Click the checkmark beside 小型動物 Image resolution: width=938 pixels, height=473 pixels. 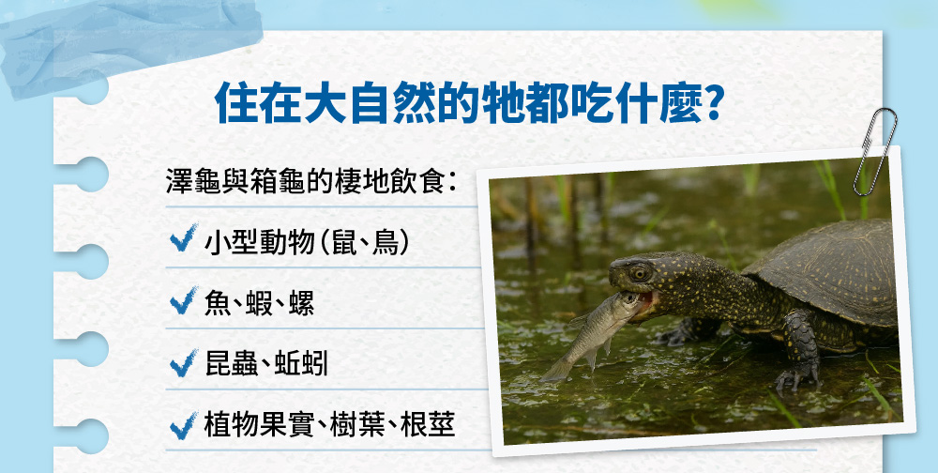(184, 238)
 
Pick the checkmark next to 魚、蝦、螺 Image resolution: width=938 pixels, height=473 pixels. (184, 300)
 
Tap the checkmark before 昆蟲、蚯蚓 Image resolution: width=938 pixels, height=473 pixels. (184, 363)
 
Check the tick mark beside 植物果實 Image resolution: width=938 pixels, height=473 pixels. (184, 425)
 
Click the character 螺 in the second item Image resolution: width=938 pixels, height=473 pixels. (301, 301)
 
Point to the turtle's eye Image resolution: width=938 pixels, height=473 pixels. (639, 273)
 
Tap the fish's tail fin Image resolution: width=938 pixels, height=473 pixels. (554, 371)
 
